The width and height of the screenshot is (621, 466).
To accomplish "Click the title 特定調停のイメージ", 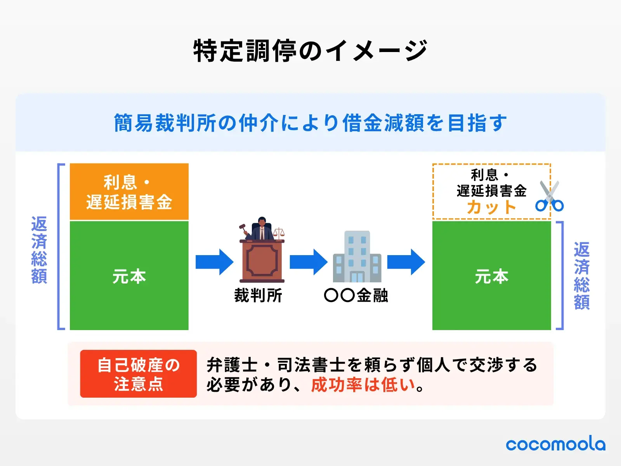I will click(310, 51).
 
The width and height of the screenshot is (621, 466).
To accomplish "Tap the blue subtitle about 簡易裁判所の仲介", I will click(310, 123).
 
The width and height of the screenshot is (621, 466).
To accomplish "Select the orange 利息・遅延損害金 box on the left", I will click(129, 192).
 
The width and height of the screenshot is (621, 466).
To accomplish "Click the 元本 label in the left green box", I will click(129, 276).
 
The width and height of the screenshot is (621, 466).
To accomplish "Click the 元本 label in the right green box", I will click(491, 276).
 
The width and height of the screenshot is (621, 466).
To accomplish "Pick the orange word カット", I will click(491, 207).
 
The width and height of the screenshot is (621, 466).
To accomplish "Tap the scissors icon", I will click(549, 197).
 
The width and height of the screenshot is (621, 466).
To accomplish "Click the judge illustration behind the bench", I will click(262, 229).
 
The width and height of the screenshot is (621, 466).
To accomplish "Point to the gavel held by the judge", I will click(244, 228).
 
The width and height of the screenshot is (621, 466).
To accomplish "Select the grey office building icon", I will click(357, 257).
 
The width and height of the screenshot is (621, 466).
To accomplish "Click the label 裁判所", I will click(258, 296).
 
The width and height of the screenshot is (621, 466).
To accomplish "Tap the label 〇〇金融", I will click(356, 296).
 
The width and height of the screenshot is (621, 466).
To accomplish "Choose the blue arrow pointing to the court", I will click(214, 262).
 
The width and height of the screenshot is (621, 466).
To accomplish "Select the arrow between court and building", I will click(309, 262).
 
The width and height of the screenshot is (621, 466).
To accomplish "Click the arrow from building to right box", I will click(406, 262).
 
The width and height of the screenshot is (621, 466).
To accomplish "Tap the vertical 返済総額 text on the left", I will click(39, 250).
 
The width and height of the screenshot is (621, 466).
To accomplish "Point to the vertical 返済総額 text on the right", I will click(581, 276).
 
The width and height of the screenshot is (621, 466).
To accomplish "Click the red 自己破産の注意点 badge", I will click(138, 374).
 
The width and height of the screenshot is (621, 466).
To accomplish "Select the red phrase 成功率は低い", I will click(363, 385).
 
